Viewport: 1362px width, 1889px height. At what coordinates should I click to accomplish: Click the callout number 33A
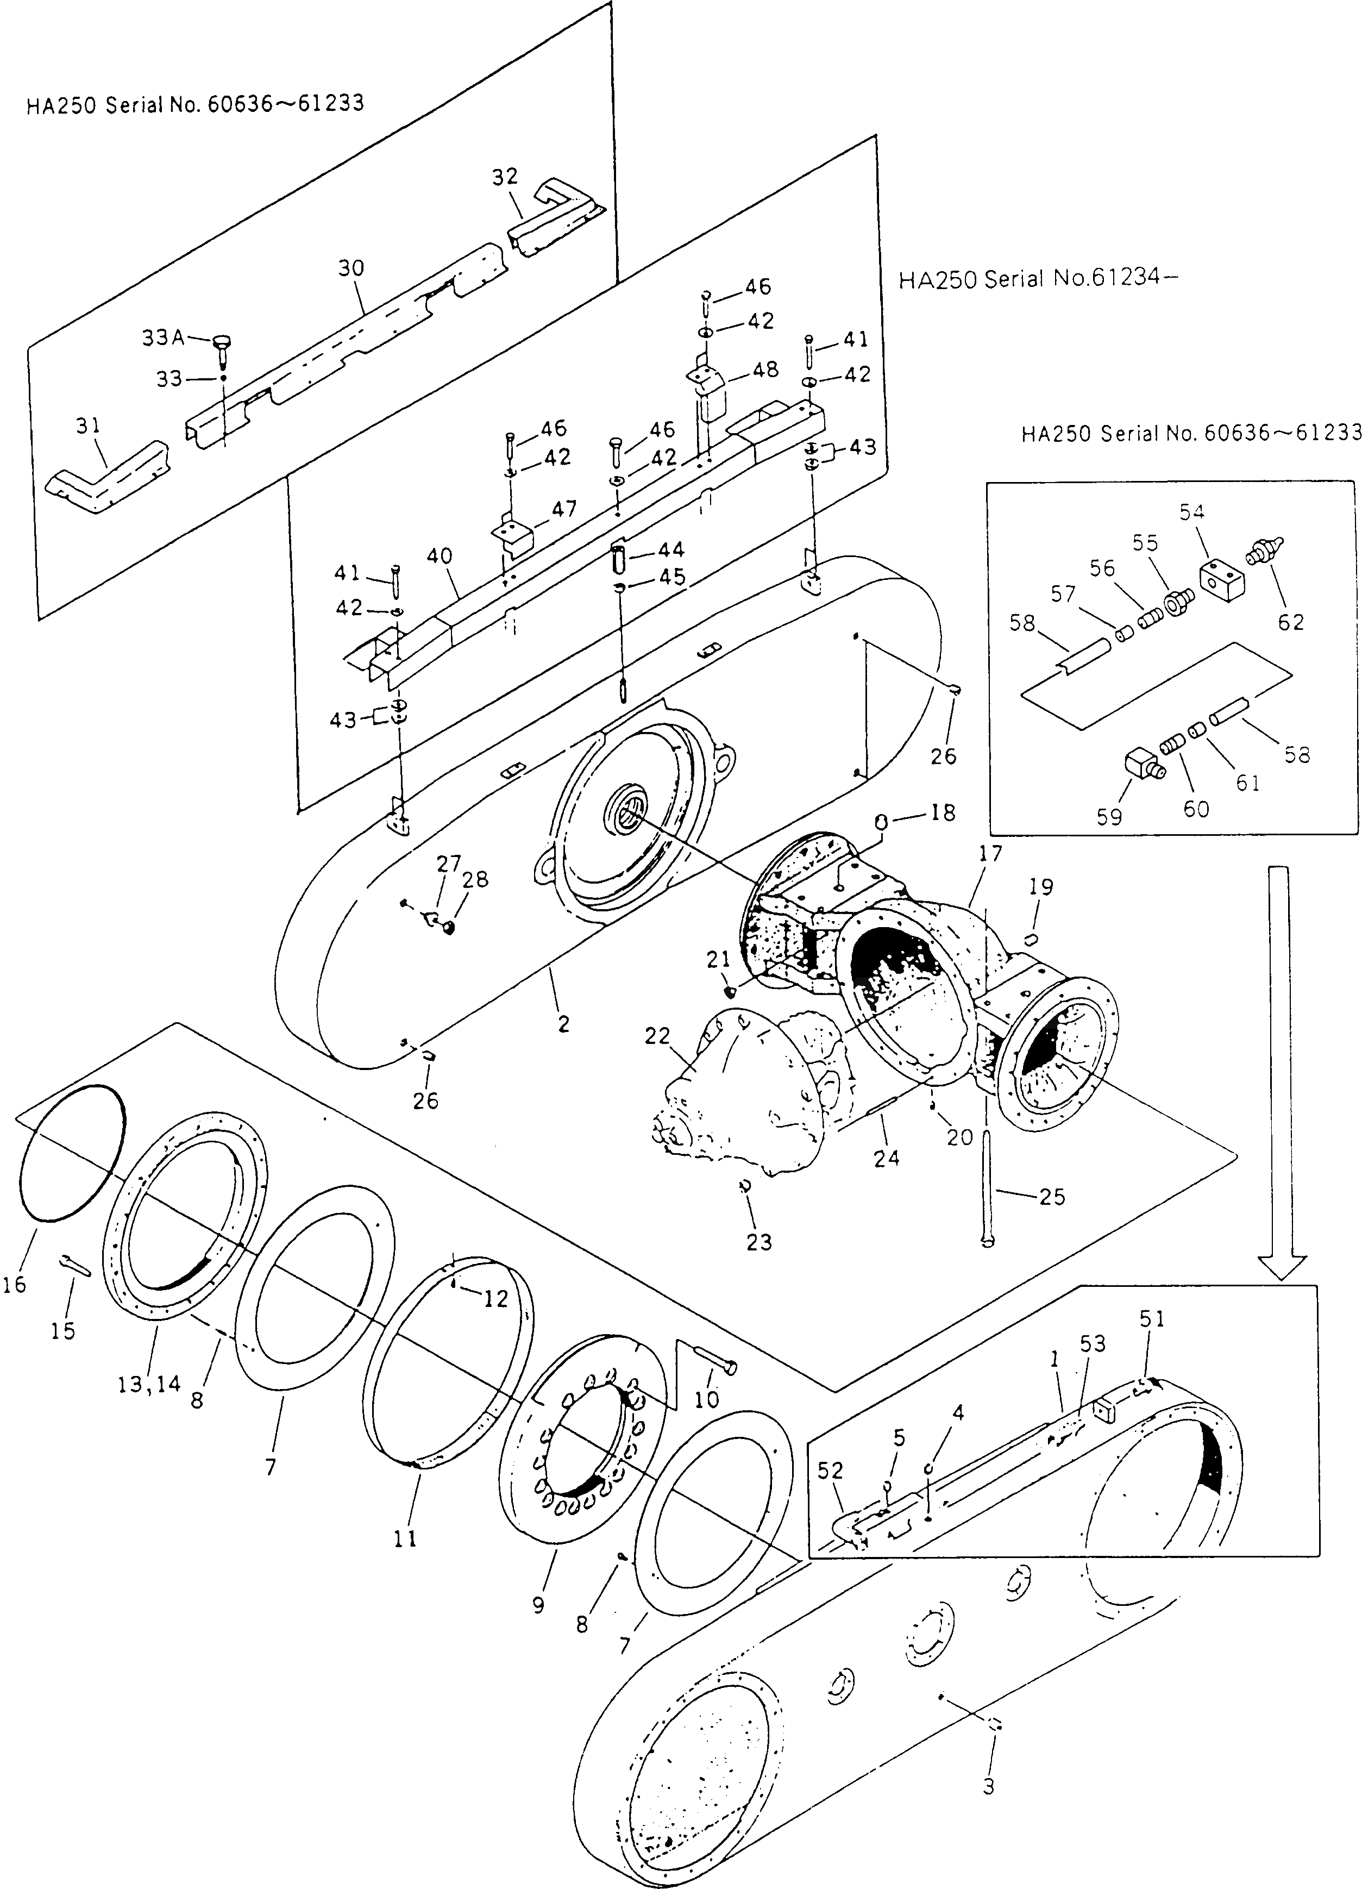click(x=162, y=338)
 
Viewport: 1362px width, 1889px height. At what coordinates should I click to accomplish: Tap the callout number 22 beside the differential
click(x=657, y=1036)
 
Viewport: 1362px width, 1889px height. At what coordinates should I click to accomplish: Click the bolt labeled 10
click(x=714, y=1364)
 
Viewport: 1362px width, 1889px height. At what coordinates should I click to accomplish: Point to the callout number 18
click(x=943, y=812)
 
